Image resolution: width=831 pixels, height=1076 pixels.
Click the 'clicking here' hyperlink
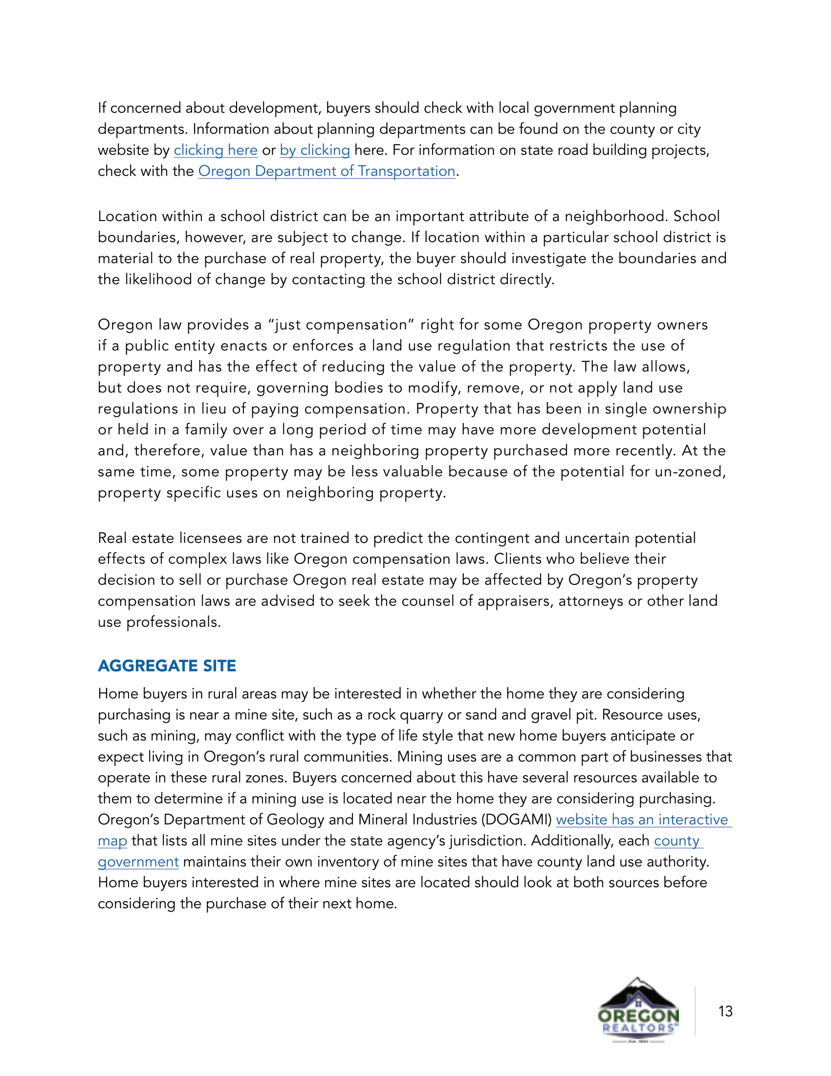tap(216, 150)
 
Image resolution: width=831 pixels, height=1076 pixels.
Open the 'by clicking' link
tap(315, 150)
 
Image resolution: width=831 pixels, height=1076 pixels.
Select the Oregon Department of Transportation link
tap(327, 171)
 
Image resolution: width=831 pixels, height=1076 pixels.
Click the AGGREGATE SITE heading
tap(167, 666)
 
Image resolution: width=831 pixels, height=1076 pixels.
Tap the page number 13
tap(725, 1011)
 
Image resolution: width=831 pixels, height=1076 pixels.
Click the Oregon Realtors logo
tap(638, 1009)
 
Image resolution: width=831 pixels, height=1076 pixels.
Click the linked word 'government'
tap(138, 862)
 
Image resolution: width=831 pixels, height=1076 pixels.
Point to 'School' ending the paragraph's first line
tap(696, 216)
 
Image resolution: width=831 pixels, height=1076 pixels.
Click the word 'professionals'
tap(172, 622)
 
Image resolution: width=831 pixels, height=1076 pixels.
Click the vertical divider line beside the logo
tap(695, 1010)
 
